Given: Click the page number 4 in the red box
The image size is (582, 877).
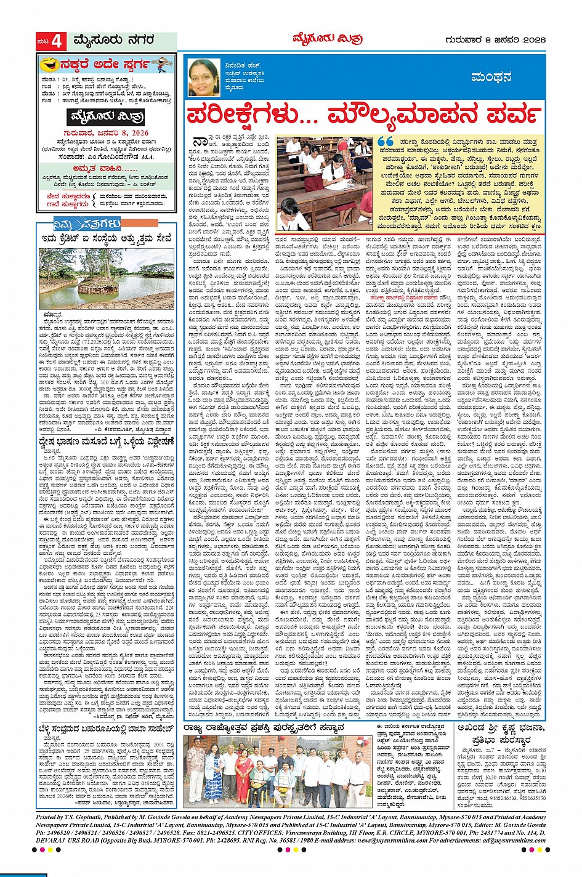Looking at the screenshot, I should [x=57, y=41].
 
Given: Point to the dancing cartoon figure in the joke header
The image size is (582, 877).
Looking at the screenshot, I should [x=162, y=63].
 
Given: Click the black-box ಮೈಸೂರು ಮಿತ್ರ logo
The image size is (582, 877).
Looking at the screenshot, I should [x=106, y=116].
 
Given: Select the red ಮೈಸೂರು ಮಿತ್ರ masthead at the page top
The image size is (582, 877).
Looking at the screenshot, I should [x=328, y=40].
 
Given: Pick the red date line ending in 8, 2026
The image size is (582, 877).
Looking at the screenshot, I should [x=106, y=132].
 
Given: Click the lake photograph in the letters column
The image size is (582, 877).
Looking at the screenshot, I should [x=106, y=278].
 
